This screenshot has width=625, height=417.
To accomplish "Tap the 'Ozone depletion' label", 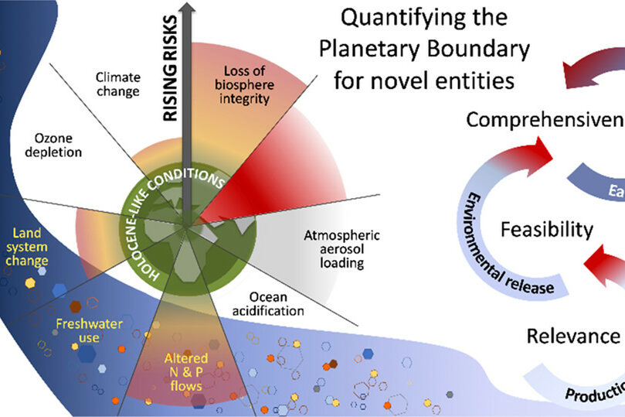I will click(52, 144).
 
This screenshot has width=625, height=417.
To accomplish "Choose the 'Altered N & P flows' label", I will click(183, 371).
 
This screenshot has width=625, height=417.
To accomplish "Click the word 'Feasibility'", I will click(546, 229).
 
